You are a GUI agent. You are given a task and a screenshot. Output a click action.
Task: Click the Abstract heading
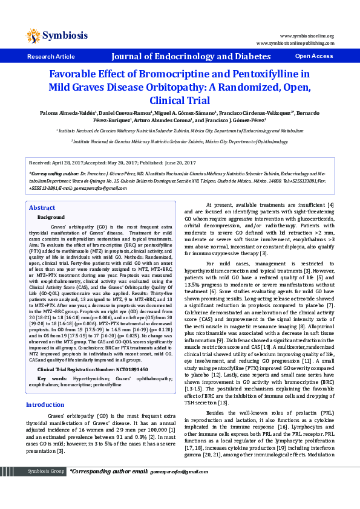coord(42,208)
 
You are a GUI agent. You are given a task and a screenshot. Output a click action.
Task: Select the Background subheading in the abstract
coord(51,216)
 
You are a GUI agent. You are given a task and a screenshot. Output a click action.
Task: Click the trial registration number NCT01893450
coord(124,352)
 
